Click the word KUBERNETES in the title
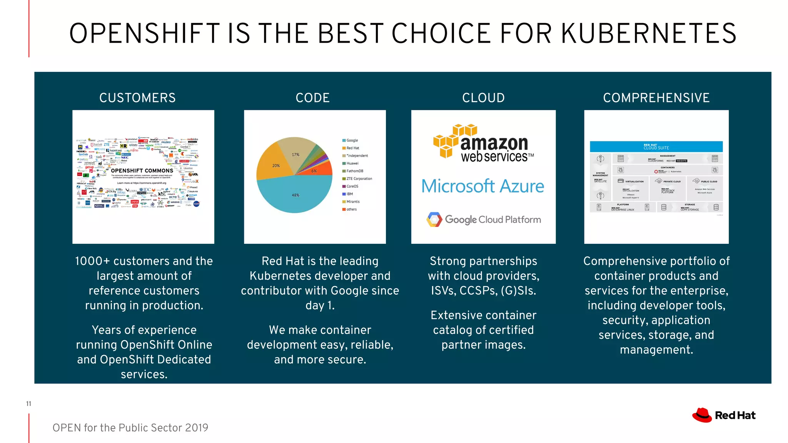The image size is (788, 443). [x=648, y=33]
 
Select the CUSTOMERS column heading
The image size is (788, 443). [x=137, y=98]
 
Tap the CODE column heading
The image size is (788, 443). [x=312, y=98]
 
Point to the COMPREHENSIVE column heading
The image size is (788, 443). [x=656, y=98]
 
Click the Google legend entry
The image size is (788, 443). [x=352, y=140]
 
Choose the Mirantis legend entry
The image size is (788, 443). [x=352, y=202]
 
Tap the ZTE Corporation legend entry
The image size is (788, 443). [x=359, y=178]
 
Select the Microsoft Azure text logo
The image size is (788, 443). [x=483, y=186]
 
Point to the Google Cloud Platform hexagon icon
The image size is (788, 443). [x=434, y=220]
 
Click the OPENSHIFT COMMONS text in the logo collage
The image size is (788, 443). [x=142, y=171]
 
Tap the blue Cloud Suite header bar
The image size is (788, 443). [x=656, y=147]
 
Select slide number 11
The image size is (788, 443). [x=28, y=403]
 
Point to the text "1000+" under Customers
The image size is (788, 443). [x=92, y=261]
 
